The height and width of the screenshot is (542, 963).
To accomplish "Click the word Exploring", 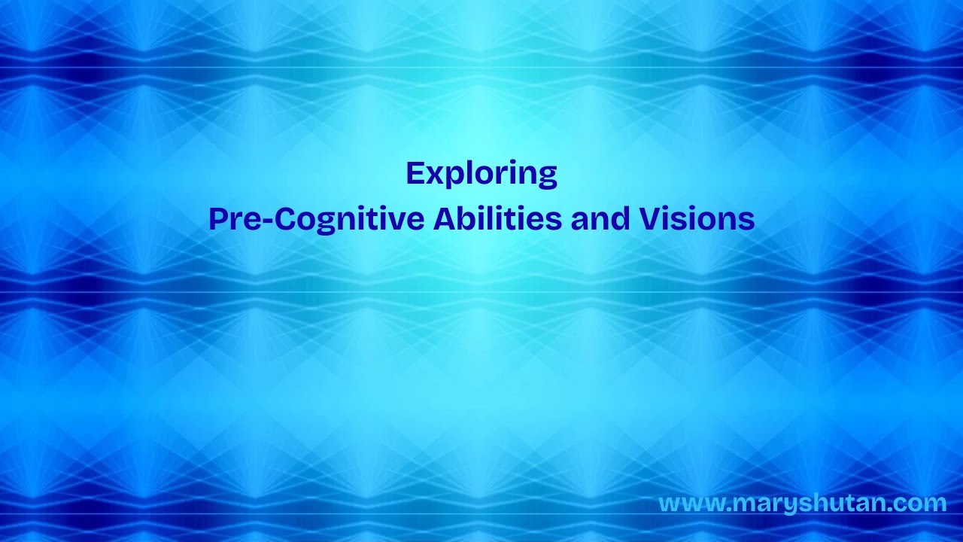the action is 481,174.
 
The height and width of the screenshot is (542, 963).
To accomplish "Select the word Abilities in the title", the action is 497,218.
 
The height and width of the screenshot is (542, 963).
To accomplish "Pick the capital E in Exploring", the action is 415,173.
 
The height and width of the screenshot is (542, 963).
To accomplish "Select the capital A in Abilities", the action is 445,218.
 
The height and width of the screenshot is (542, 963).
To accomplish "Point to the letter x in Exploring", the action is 436,176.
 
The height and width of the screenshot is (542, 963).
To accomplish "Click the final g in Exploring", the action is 548,178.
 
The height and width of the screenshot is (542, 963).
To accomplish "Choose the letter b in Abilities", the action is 469,218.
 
